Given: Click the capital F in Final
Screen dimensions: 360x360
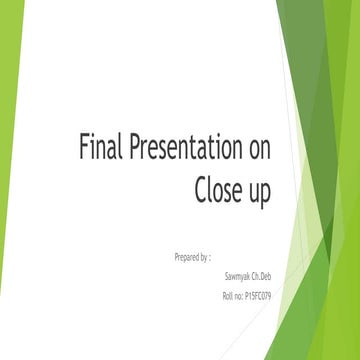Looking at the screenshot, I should tap(84, 148).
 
